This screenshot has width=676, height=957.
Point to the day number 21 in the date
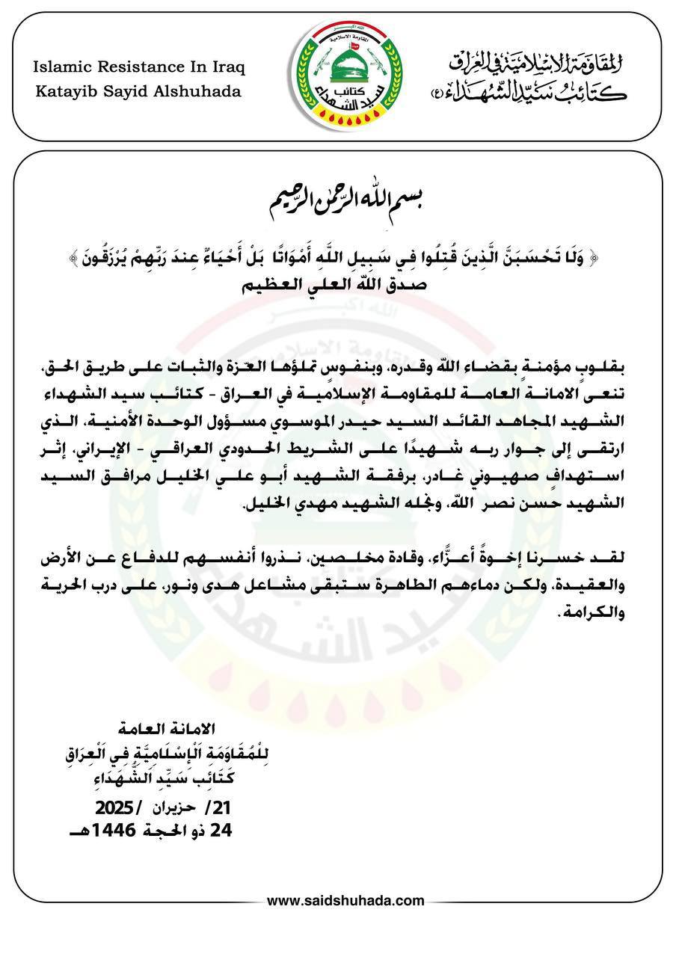[x=223, y=808]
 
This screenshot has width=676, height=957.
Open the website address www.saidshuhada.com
[x=345, y=901]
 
